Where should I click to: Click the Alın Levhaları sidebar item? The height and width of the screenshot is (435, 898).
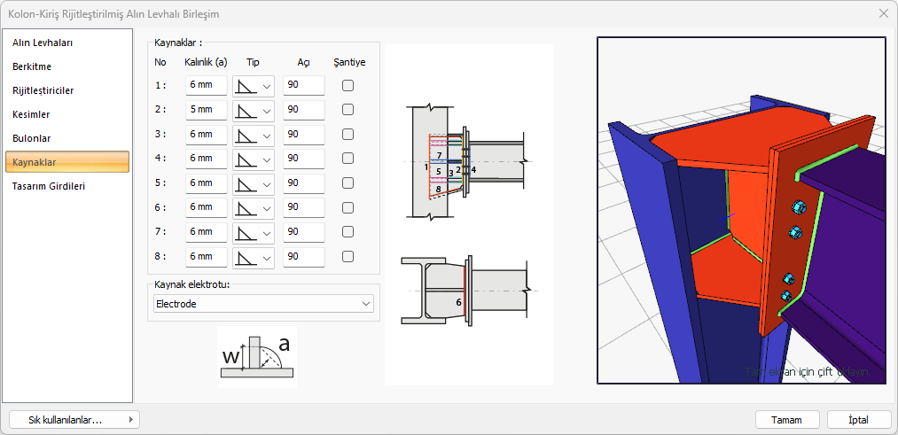(42, 43)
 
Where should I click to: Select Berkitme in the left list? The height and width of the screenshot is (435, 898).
(32, 66)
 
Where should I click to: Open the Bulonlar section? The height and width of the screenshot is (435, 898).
(31, 138)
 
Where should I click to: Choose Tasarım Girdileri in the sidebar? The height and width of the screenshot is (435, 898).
(49, 186)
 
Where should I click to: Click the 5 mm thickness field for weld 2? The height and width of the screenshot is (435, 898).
(207, 110)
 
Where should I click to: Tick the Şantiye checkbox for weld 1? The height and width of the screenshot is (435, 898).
(348, 86)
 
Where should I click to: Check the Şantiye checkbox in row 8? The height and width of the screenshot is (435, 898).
(348, 257)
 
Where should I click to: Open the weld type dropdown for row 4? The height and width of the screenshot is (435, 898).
(254, 159)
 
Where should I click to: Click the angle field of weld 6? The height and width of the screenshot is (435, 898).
(303, 207)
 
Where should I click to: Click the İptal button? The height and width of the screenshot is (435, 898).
(858, 420)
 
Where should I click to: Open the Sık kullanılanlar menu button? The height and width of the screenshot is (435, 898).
(74, 420)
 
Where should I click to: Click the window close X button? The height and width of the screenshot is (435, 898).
(883, 13)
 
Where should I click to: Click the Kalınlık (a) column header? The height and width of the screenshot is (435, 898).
(206, 63)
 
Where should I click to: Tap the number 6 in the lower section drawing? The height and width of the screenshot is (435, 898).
(458, 302)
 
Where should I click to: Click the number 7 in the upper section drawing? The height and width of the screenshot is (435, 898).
(439, 155)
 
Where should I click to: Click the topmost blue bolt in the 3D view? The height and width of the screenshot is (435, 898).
(797, 206)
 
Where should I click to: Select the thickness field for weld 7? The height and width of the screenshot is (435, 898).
(207, 232)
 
